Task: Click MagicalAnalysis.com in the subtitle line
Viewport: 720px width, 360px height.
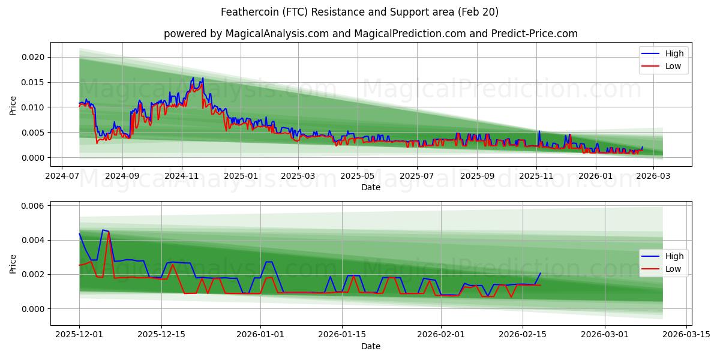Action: pos(277,34)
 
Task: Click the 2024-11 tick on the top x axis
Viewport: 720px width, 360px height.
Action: pos(181,177)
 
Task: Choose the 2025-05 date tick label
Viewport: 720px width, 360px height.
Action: pos(358,177)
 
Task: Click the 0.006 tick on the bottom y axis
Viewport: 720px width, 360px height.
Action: pos(33,206)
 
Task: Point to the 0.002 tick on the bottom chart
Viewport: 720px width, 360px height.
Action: pos(33,274)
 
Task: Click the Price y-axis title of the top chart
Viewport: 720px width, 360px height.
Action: pos(13,104)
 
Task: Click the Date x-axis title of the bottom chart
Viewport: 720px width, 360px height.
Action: pos(371,346)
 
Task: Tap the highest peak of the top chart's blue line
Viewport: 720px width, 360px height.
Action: pos(193,77)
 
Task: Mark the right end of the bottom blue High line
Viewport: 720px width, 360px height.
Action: pos(540,273)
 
